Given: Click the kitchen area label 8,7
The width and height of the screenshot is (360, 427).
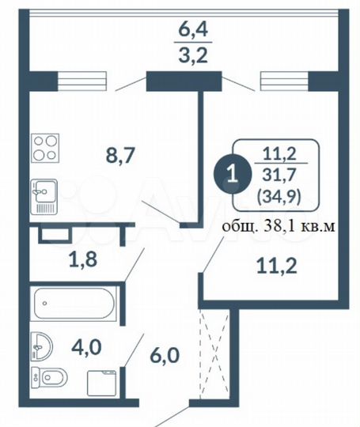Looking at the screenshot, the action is click(x=120, y=156).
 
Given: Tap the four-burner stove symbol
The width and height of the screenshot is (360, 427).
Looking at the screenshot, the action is click(x=45, y=148).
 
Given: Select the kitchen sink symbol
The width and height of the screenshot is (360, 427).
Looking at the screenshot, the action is click(x=44, y=196).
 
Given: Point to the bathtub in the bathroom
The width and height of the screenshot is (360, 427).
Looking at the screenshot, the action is click(x=74, y=303).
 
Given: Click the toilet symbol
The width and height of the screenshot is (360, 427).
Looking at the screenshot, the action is click(x=49, y=377).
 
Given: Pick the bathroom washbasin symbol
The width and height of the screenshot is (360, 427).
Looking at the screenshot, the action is click(x=41, y=346).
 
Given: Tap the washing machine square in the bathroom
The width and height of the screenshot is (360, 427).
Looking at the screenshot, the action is click(x=101, y=383).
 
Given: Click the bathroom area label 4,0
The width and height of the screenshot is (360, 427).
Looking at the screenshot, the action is click(x=86, y=348).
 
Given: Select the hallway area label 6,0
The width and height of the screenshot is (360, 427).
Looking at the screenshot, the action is click(x=165, y=355).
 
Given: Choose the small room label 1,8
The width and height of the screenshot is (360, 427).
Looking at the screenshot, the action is click(x=83, y=259).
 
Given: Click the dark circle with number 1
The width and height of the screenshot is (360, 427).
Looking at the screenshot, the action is click(x=232, y=175).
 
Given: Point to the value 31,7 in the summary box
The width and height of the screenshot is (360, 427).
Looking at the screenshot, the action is click(x=279, y=175).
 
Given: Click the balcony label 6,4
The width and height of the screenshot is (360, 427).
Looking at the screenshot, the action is click(x=193, y=30).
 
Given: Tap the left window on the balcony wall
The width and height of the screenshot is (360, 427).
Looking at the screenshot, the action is click(x=81, y=81).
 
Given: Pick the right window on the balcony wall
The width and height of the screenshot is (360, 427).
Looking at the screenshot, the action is click(x=284, y=81).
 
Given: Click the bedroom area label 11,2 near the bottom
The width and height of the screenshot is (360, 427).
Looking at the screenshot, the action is click(x=277, y=266).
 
